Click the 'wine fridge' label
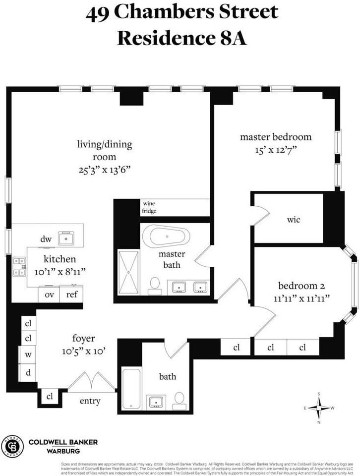(149, 207)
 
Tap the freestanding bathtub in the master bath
(167, 237)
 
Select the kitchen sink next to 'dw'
(66, 238)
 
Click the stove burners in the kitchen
(19, 266)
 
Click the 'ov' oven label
(49, 295)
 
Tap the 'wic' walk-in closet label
(294, 219)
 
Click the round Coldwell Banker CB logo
(12, 446)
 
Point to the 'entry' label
(90, 401)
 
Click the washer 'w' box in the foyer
(28, 355)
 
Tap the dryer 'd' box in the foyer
(28, 372)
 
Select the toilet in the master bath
(155, 285)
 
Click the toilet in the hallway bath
(179, 400)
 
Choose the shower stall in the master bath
(128, 272)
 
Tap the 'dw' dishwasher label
(46, 239)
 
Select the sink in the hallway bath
(157, 401)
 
